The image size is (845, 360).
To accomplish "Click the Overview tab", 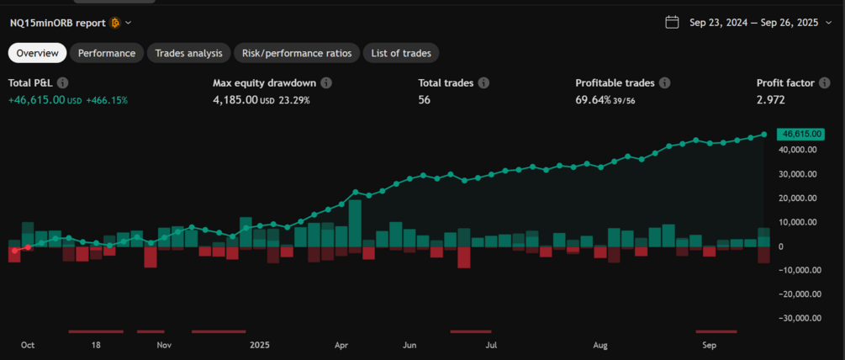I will pos(38,53).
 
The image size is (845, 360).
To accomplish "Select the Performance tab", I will pos(107,53).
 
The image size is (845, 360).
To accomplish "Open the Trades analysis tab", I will pos(189,53).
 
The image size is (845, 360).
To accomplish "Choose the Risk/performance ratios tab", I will pos(297,53).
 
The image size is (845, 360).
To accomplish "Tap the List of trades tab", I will pos(401,53).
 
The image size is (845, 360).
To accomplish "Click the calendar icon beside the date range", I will pos(672,23).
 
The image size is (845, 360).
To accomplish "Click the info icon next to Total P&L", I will pos(62,83).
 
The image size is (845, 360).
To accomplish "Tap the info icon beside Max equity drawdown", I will pos(326,83).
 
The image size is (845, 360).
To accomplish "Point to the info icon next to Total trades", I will pos(483,83).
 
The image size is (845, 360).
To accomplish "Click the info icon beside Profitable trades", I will pos(664,83).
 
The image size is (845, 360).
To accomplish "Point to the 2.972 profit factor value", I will pos(772,100).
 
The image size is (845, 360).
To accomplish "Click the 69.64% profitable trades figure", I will pos(594,100).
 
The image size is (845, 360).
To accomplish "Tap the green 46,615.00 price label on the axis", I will pos(801,134).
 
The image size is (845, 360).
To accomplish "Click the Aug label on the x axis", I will pos(600,345).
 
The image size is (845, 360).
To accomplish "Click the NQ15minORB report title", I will pos(58,23).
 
